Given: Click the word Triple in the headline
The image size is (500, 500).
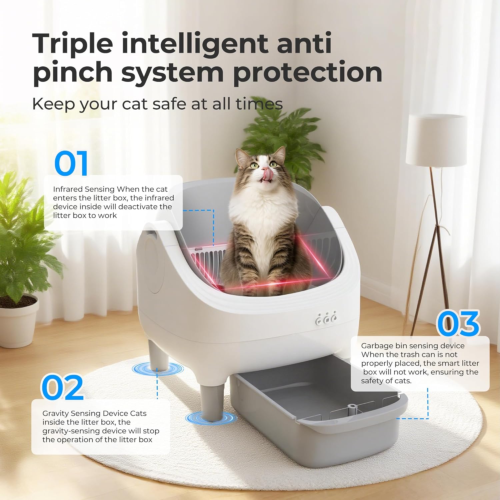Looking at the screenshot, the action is [x=73, y=43].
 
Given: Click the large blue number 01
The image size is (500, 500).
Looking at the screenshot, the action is [x=71, y=163].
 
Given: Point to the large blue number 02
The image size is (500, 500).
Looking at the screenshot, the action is [x=62, y=387].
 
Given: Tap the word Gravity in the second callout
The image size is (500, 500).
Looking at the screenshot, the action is [x=55, y=414].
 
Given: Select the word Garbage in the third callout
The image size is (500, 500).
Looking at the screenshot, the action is [x=377, y=346].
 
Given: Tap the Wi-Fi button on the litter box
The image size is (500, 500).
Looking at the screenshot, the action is [x=319, y=321].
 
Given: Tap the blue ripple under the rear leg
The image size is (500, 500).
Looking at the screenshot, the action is [x=157, y=369].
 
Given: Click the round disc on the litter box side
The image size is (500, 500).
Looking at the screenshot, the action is [x=152, y=265].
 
